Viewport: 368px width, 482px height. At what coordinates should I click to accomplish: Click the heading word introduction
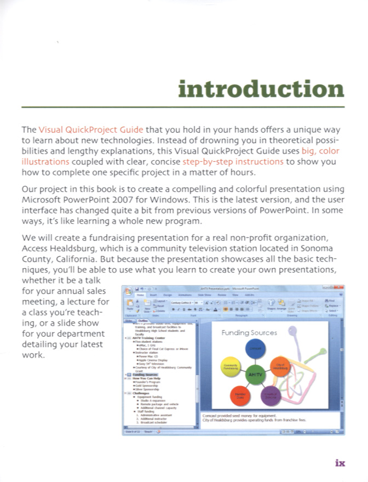coord(262,89)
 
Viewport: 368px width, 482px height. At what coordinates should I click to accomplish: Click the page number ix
coord(340,463)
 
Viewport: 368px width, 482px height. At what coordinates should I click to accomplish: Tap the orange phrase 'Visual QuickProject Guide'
coord(91,130)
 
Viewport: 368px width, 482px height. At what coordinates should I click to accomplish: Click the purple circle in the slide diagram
coord(271,394)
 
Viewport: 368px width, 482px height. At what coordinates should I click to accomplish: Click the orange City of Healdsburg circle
coord(280,366)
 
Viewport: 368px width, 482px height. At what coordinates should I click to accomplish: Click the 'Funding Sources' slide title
coord(249,333)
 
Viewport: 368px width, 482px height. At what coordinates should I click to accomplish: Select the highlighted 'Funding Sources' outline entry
coord(144,375)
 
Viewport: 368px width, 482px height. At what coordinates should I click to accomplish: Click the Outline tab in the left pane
coord(143,321)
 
